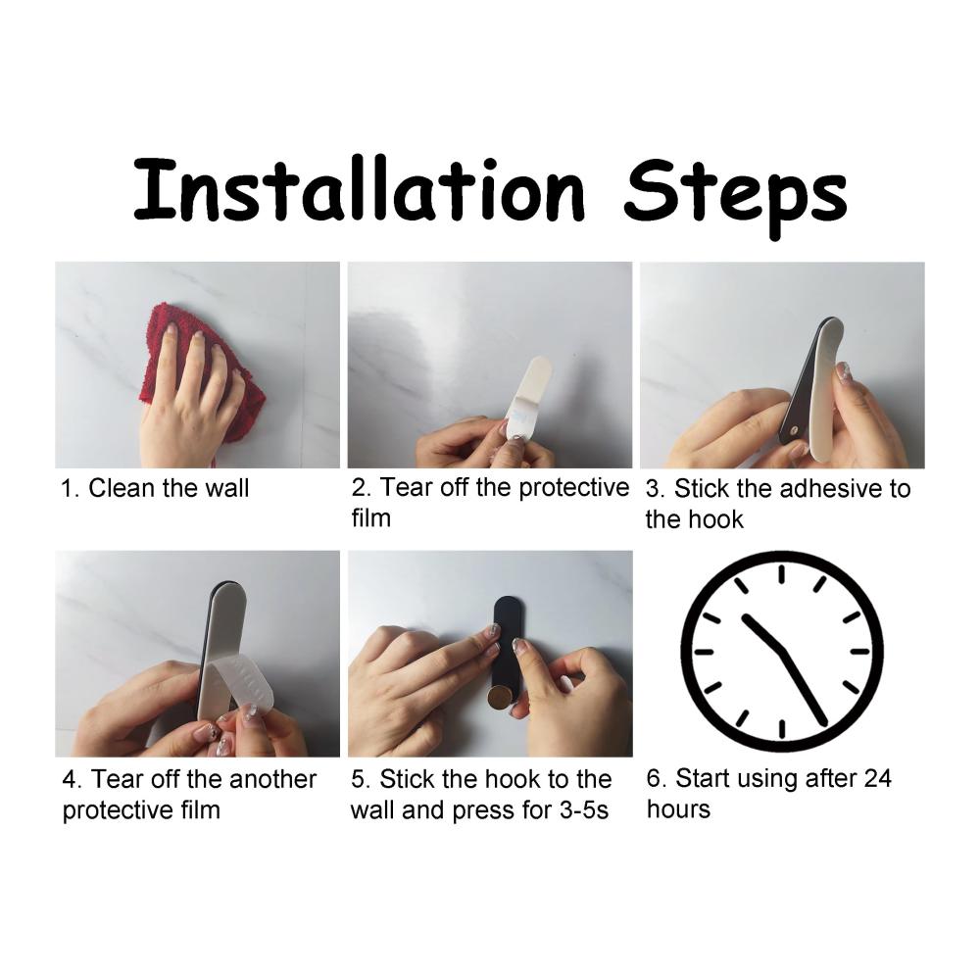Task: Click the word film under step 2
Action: click(x=371, y=518)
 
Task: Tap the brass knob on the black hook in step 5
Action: click(x=500, y=698)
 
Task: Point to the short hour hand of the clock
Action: click(x=762, y=633)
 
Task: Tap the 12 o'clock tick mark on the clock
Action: click(x=781, y=574)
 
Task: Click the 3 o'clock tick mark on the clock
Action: click(x=860, y=652)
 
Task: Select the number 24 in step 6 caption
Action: click(x=877, y=778)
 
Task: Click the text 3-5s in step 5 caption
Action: click(x=584, y=810)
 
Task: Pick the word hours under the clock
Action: click(x=678, y=808)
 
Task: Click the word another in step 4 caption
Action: click(x=272, y=779)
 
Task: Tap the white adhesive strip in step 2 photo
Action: click(x=529, y=394)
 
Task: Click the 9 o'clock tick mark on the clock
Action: click(x=704, y=652)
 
